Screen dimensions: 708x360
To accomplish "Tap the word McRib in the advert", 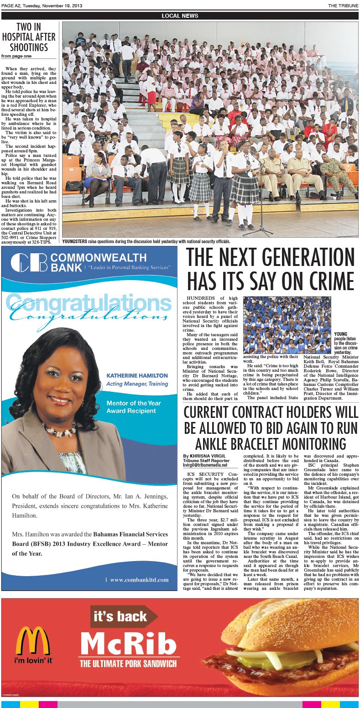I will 128,645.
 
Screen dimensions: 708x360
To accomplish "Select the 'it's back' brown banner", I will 121,617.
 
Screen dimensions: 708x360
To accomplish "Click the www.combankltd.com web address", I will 139,580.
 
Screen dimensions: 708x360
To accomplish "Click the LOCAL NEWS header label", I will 180,16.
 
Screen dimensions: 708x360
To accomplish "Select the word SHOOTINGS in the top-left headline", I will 28,47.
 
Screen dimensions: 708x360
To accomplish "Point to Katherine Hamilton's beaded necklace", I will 59,429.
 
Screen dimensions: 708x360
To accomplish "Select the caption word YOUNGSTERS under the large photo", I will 76,241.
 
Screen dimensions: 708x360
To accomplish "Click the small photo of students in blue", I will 287,325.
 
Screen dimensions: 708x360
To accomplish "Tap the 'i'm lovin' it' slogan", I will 33,660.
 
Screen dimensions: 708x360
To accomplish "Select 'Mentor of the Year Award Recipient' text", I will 133,407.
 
